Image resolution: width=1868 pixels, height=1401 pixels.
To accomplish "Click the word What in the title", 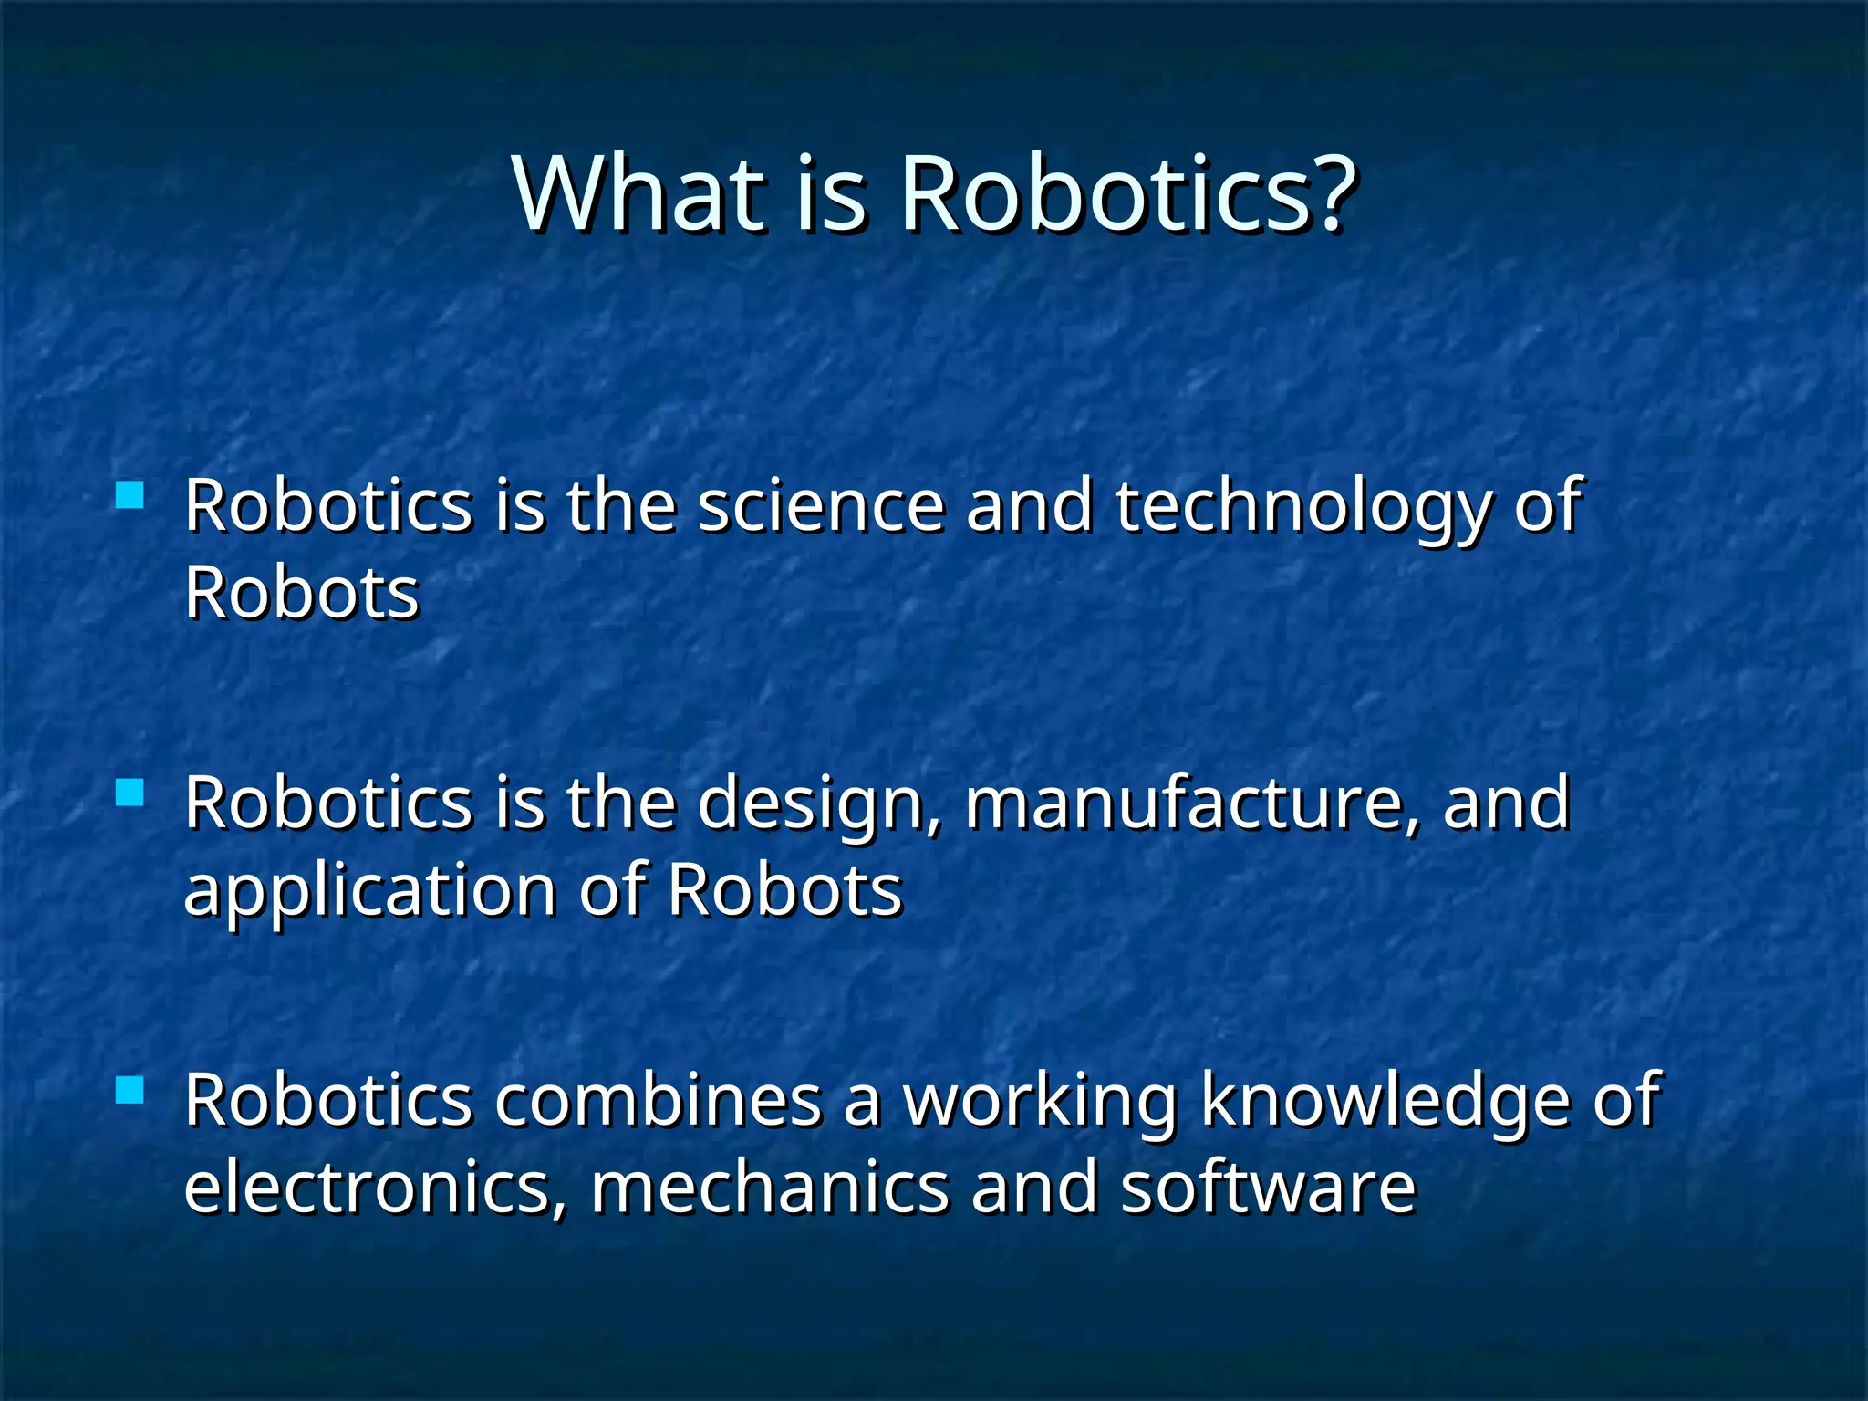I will [638, 194].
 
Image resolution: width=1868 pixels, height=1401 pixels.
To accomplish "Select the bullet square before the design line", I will [130, 793].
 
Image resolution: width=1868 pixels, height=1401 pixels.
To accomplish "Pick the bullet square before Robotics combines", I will [130, 1090].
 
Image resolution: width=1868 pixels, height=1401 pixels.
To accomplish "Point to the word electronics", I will [374, 1188].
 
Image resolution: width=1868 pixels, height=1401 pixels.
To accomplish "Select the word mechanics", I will [771, 1188].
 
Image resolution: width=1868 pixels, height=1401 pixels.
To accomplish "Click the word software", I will [1268, 1188].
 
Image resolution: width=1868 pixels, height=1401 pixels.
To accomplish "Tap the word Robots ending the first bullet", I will [302, 594].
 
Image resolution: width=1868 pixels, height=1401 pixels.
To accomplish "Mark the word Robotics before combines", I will [328, 1101].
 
